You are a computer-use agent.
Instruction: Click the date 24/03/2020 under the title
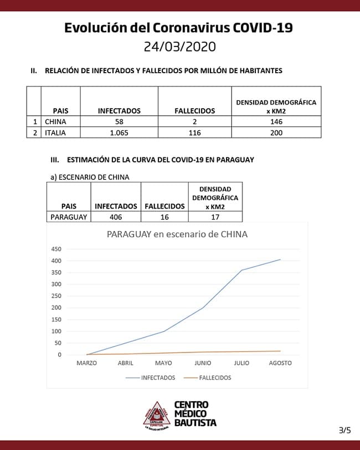(x=179, y=46)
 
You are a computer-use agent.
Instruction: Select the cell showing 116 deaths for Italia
(x=194, y=132)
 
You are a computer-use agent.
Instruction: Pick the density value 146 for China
(x=276, y=121)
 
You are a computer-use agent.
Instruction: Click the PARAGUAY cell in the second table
(x=69, y=217)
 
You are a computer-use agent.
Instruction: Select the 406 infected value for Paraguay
(x=116, y=217)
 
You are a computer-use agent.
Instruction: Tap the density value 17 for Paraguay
(x=215, y=217)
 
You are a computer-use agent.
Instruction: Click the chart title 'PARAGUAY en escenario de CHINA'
(x=177, y=234)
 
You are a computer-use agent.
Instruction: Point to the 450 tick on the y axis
(x=56, y=249)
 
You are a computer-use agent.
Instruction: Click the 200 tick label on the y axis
(x=56, y=308)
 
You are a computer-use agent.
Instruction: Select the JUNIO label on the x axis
(x=203, y=363)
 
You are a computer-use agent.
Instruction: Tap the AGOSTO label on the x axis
(x=280, y=363)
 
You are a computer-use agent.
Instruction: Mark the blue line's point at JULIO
(x=241, y=270)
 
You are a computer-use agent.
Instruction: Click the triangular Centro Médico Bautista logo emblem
(x=156, y=415)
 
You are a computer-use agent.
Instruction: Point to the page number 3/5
(x=344, y=429)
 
